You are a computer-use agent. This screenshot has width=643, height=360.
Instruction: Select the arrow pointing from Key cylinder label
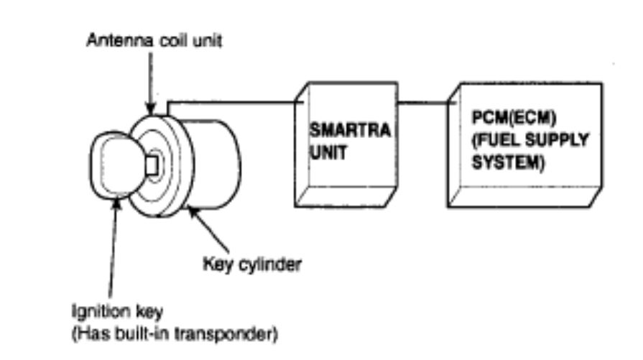(x=205, y=229)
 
